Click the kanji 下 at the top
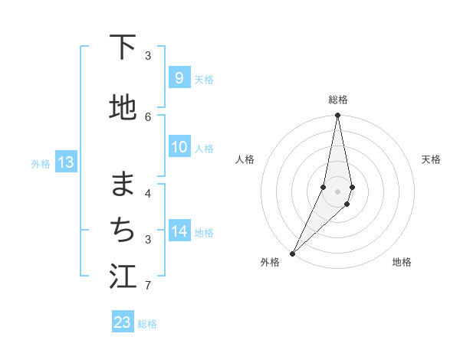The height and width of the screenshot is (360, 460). pyautogui.click(x=123, y=47)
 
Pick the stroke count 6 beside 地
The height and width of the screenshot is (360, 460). pyautogui.click(x=148, y=116)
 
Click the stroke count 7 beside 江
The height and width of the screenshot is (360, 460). pyautogui.click(x=148, y=286)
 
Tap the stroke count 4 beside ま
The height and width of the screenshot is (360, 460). pyautogui.click(x=148, y=193)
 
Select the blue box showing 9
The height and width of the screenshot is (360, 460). pyautogui.click(x=179, y=78)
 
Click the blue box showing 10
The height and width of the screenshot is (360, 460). pyautogui.click(x=179, y=148)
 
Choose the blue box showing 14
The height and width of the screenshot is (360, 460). pyautogui.click(x=179, y=231)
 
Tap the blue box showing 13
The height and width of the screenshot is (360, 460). pyautogui.click(x=65, y=162)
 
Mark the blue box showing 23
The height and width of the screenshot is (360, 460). pyautogui.click(x=123, y=322)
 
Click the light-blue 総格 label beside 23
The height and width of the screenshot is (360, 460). pyautogui.click(x=147, y=324)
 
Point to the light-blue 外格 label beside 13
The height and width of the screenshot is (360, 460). pyautogui.click(x=41, y=163)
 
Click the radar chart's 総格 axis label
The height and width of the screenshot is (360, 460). pyautogui.click(x=338, y=100)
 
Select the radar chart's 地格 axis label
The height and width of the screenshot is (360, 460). pyautogui.click(x=402, y=262)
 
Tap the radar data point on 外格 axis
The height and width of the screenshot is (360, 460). pyautogui.click(x=292, y=253)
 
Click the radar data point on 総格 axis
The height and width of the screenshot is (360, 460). pyautogui.click(x=338, y=116)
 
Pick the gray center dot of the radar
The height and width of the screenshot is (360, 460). pyautogui.click(x=338, y=191)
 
